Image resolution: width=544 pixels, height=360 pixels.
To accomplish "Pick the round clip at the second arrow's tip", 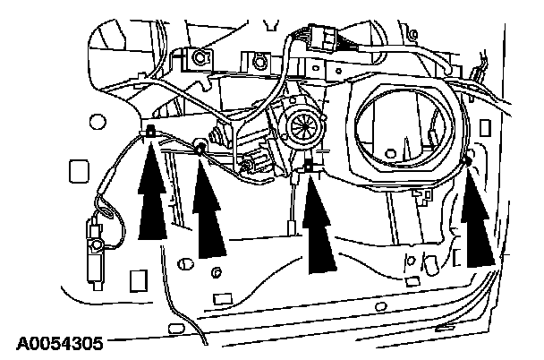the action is click(200, 146).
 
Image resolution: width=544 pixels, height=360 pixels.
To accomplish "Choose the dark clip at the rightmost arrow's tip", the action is click(468, 162).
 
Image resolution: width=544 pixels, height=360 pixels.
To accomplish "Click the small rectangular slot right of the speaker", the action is click(459, 258).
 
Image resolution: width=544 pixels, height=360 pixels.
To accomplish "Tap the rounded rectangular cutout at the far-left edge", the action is click(77, 169).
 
